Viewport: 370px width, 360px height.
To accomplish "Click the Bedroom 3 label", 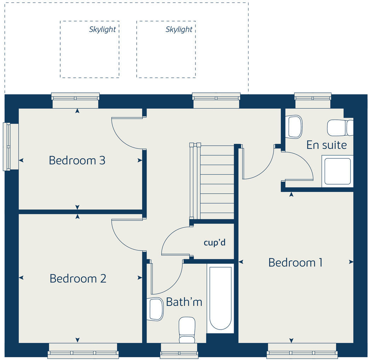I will point(77,161).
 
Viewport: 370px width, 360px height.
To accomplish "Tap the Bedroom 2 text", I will point(78,279).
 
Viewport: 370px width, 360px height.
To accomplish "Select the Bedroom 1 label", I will point(295,263).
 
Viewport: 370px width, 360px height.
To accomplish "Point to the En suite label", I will point(326,145).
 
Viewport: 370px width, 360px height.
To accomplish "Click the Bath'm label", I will point(184,302).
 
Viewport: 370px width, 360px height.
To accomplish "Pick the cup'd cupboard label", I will point(215,243).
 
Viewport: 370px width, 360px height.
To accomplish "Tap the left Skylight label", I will point(102,29).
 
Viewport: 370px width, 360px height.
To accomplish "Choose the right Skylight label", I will point(179,29).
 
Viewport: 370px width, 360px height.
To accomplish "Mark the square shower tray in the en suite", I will point(337,171).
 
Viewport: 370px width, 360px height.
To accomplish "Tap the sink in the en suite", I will point(295,126).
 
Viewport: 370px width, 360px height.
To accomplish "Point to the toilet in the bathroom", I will point(187,330).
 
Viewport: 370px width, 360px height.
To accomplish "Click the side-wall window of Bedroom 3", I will point(7,146).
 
